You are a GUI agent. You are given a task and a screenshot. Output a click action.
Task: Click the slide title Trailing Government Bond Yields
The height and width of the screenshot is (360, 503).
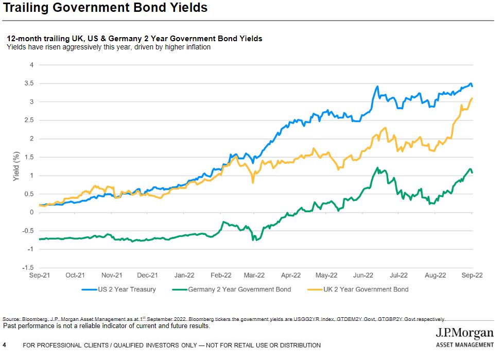(105, 8)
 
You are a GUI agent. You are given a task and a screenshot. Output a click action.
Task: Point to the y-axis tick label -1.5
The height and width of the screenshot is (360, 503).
(28, 268)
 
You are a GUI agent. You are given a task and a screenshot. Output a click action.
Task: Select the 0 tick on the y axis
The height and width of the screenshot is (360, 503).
(31, 212)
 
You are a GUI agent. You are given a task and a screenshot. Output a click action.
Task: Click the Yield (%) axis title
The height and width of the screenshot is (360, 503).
(16, 166)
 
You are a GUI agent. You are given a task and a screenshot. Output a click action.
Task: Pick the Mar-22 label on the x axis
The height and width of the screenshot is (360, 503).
(254, 276)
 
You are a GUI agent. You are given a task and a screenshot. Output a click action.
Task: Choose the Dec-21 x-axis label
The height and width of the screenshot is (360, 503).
(148, 276)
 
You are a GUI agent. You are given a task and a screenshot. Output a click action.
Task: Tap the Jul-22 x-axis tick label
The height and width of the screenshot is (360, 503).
(399, 276)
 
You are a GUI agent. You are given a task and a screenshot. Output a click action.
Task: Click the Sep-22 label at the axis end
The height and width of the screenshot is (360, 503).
(472, 276)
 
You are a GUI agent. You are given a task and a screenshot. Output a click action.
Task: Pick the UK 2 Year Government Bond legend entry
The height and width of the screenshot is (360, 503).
(365, 289)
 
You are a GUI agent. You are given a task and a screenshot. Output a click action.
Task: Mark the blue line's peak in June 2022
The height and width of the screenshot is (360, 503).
(377, 87)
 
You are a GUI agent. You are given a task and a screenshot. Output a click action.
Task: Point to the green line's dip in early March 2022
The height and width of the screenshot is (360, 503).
(253, 239)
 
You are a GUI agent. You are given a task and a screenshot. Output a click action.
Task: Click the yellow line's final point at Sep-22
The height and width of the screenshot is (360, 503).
(472, 98)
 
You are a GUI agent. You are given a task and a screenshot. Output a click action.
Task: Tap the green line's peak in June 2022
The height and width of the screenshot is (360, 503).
(377, 168)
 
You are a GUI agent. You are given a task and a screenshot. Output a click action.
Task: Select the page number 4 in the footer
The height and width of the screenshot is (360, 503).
(5, 345)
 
